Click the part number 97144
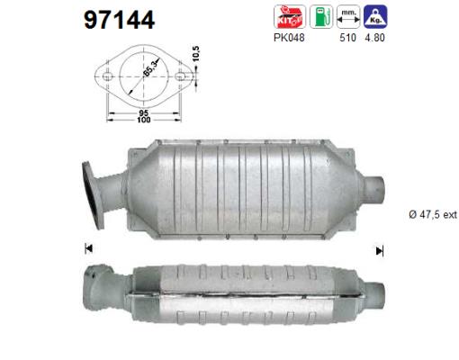[119, 19]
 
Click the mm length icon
[348, 16]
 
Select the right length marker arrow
[379, 250]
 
